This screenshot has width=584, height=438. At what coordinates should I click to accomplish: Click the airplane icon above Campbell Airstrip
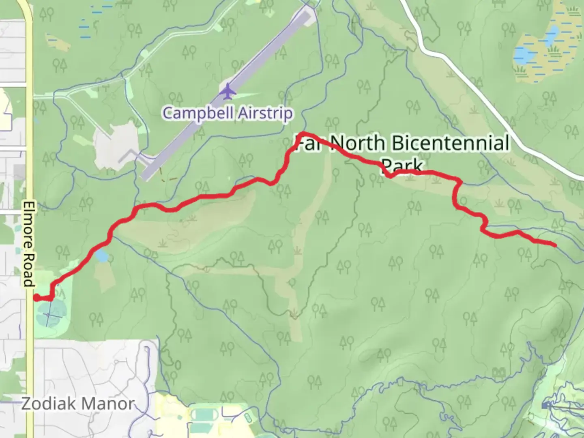coord(228,91)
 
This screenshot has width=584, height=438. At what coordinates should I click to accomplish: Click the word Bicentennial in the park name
coord(450,143)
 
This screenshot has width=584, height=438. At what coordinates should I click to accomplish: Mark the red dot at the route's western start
coord(36,298)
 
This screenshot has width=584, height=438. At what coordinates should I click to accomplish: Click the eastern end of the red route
coord(554,245)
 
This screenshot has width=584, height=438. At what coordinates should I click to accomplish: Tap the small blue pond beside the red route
coord(101,256)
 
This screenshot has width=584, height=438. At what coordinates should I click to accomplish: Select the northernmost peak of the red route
coord(303,134)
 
